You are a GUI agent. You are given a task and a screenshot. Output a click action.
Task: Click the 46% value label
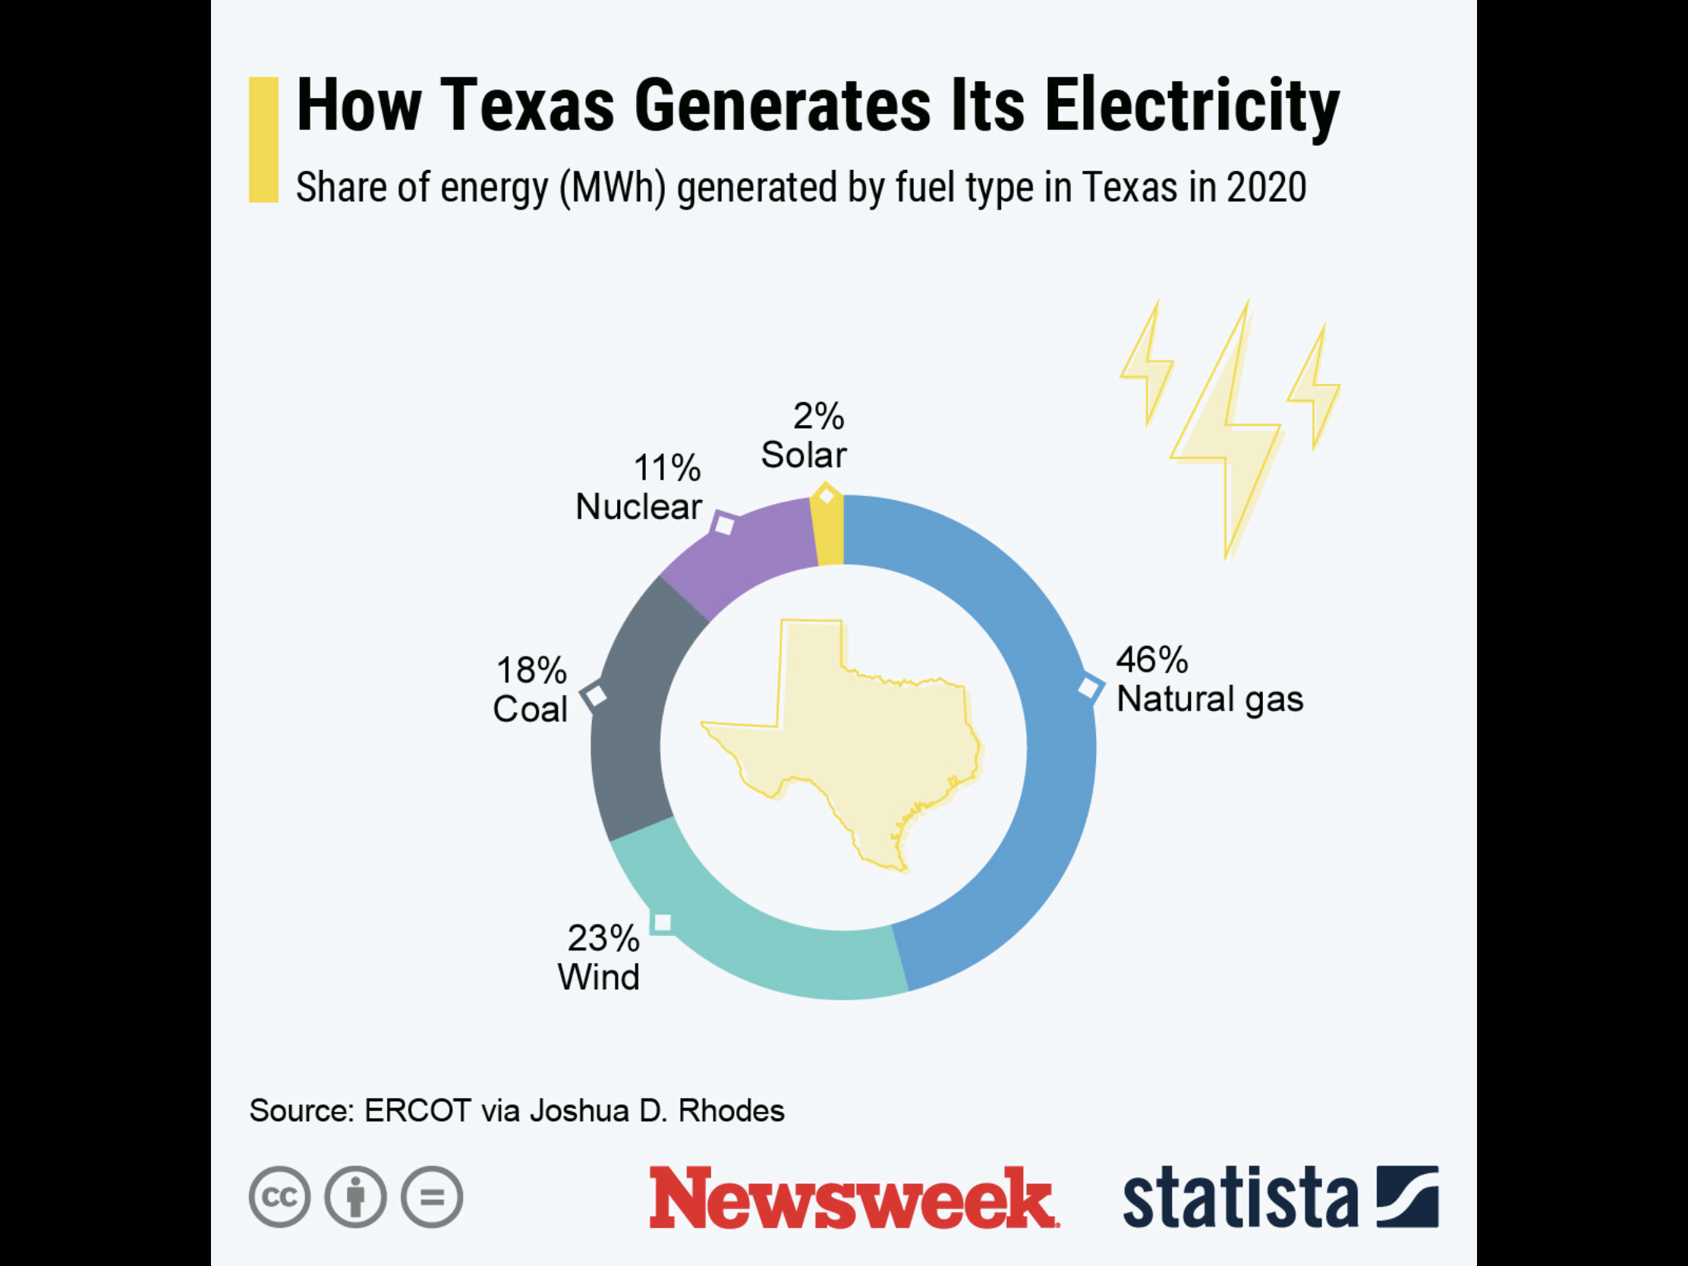[1151, 660]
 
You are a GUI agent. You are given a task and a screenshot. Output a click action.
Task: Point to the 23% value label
[603, 939]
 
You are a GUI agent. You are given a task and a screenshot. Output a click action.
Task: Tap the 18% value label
[531, 671]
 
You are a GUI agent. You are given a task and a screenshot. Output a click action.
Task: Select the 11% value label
[666, 468]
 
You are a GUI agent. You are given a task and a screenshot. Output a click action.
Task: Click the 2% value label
[818, 417]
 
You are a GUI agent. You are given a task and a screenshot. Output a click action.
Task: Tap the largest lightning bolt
[1229, 435]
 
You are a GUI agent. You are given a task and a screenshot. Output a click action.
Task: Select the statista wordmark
[1240, 1197]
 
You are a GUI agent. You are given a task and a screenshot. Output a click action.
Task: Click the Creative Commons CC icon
[279, 1197]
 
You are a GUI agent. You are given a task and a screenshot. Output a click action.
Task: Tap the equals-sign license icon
[432, 1197]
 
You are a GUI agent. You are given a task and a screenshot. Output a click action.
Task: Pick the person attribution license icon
[356, 1197]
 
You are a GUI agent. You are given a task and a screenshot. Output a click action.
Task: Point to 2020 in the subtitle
[1266, 187]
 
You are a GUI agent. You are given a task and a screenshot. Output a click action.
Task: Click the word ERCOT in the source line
[417, 1111]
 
